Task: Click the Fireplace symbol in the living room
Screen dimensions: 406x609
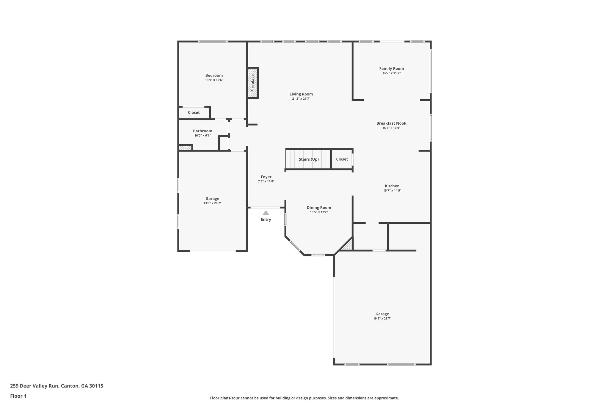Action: [253, 83]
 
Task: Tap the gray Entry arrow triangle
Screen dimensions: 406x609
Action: [266, 213]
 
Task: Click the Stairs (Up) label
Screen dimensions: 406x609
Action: [309, 159]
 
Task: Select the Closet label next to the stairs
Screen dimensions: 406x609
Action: [342, 159]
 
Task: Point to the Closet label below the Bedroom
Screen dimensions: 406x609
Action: [194, 112]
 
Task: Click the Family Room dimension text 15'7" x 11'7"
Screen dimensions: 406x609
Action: [391, 73]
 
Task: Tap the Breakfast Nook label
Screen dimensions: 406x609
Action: [391, 123]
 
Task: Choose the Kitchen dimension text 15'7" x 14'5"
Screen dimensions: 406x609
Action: [392, 191]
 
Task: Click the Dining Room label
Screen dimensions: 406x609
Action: [319, 208]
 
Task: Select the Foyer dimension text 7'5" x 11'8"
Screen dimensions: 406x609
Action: [266, 181]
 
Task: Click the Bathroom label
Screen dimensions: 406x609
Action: [203, 131]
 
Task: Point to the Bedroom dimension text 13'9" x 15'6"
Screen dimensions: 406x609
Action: [214, 80]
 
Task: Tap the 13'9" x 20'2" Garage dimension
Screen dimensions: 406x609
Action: [212, 203]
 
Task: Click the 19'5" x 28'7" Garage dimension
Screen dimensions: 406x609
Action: [382, 318]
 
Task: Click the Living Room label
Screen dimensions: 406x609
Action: [301, 94]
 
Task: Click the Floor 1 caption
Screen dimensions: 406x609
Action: [18, 396]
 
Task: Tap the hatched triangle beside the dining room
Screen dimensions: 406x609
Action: [348, 246]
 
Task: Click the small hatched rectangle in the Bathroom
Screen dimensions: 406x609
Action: [185, 147]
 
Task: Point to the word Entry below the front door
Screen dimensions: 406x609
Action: [266, 220]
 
